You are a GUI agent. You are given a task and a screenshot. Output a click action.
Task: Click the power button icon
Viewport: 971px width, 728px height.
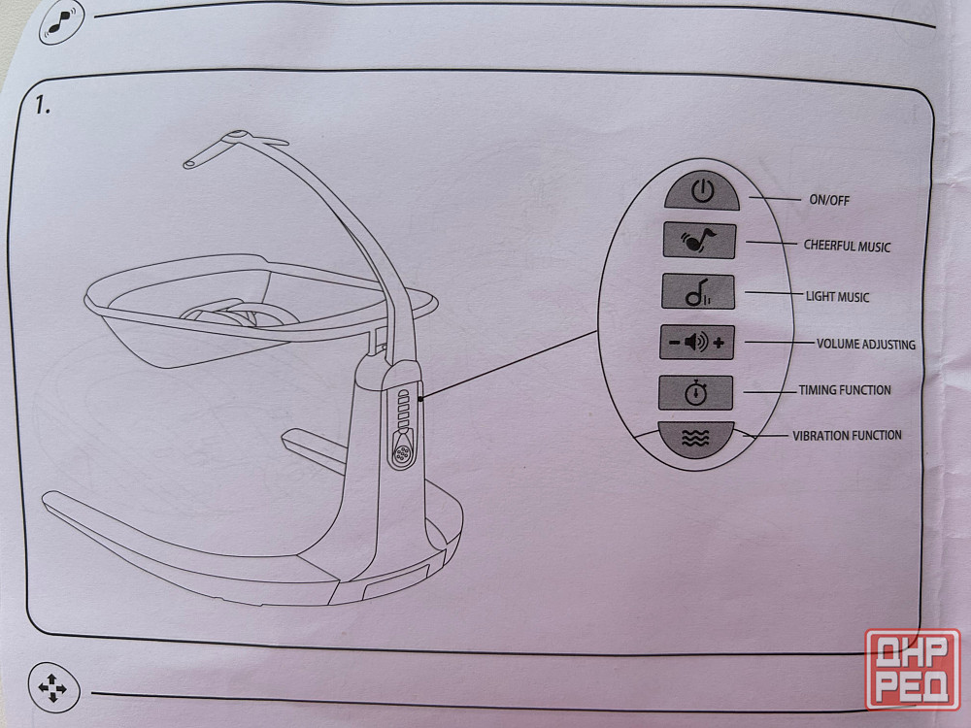[x=702, y=191]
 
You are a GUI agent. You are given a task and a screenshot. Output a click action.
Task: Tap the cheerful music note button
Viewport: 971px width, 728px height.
[x=699, y=241]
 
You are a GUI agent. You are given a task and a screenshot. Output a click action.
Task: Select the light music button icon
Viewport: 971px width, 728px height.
[x=698, y=291]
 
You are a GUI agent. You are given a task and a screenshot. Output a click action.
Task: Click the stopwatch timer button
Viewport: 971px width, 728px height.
[x=696, y=392]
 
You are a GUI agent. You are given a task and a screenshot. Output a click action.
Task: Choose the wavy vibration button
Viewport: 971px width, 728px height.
[x=695, y=440]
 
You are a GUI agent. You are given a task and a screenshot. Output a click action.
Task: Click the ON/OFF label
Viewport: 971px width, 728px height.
[x=829, y=200]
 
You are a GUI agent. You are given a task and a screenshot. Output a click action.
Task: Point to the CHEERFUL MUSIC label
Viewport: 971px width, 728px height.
[x=847, y=246]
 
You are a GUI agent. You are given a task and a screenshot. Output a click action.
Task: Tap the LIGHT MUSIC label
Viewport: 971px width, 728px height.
[x=837, y=296]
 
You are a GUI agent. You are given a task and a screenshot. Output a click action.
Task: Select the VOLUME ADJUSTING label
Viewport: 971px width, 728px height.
[x=866, y=345]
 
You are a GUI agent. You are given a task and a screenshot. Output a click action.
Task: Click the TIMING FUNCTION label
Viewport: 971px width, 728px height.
[x=845, y=390]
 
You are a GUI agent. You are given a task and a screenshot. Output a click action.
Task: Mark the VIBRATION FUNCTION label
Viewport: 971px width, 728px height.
[x=847, y=435]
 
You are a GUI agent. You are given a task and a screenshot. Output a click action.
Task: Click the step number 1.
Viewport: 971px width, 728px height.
[x=42, y=105]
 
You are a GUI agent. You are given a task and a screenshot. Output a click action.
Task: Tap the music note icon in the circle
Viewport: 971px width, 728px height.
[x=61, y=23]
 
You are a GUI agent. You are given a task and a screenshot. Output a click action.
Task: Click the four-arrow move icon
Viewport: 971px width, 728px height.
[x=53, y=688]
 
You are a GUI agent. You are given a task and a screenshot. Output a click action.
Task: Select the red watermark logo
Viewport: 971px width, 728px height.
[x=913, y=669]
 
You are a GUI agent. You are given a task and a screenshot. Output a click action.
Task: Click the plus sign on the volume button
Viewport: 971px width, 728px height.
[x=719, y=343]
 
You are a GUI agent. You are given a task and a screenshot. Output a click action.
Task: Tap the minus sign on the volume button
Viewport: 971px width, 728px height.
[x=674, y=343]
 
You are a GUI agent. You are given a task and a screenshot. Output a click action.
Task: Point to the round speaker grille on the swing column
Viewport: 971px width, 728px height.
[x=402, y=453]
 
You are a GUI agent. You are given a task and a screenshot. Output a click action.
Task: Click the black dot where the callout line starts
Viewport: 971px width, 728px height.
[x=420, y=399]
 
